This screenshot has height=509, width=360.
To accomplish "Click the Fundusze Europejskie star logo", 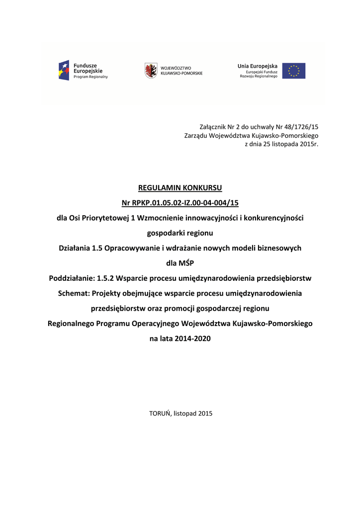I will pyautogui.click(x=64, y=70).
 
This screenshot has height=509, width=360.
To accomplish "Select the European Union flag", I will pyautogui.click(x=294, y=71).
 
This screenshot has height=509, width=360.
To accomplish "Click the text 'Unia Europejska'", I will pyautogui.click(x=258, y=66).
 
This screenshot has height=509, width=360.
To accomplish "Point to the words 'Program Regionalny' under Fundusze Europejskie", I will pyautogui.click(x=90, y=77).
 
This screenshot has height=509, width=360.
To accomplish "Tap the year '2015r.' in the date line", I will pyautogui.click(x=308, y=144).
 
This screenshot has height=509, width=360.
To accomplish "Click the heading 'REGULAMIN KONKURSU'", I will pyautogui.click(x=180, y=188).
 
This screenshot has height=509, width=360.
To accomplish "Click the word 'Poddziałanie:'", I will pyautogui.click(x=73, y=278).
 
